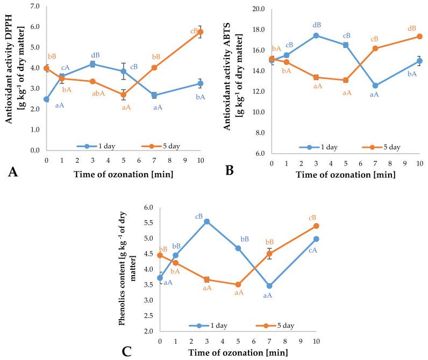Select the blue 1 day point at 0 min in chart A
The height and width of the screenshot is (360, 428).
pos(47,99)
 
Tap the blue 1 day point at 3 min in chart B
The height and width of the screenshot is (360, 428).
pos(316,35)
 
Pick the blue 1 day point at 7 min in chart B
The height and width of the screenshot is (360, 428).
pos(375,85)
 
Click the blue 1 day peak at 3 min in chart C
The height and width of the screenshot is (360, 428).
pos(206,221)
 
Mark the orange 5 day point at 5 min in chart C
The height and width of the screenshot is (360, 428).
pos(238,285)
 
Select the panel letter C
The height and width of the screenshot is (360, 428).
pos(127,352)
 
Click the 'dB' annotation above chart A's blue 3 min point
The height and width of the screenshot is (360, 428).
pos(95,55)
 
